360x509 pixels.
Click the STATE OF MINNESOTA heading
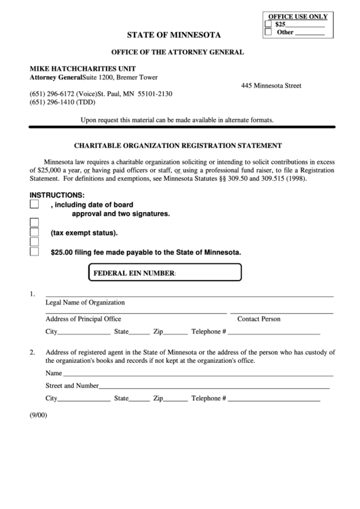(x=179, y=33)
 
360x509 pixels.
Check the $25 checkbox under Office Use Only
(x=268, y=24)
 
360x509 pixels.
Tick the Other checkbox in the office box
(x=268, y=32)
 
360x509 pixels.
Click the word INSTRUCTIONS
(x=57, y=194)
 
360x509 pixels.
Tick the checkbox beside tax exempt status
(x=35, y=232)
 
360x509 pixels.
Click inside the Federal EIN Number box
(x=204, y=273)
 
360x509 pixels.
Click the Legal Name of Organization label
(x=85, y=302)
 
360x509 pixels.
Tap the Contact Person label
(x=259, y=319)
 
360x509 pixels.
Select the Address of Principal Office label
(x=84, y=319)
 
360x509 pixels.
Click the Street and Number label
(x=72, y=385)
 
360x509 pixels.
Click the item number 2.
(x=32, y=352)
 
